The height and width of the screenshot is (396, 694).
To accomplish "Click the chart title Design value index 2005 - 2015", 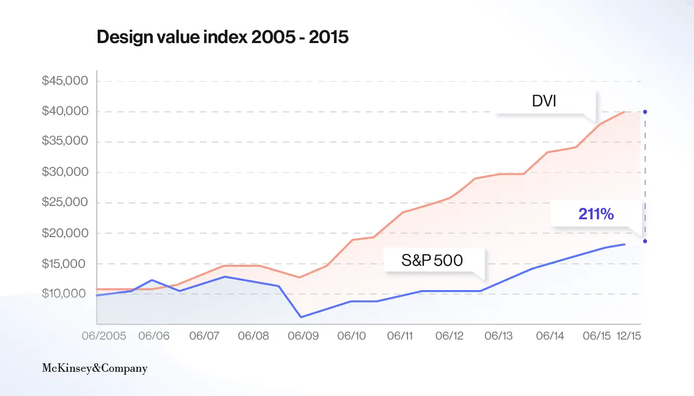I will pyautogui.click(x=223, y=38).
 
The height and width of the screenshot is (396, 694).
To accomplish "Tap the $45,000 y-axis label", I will pyautogui.click(x=64, y=81).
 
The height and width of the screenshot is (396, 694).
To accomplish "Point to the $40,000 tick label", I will pyautogui.click(x=64, y=111).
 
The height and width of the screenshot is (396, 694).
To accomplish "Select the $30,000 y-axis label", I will pyautogui.click(x=64, y=172).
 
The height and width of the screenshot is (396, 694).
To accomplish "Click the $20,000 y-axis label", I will pyautogui.click(x=64, y=233).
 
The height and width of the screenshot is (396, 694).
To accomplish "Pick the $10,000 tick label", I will pyautogui.click(x=64, y=294).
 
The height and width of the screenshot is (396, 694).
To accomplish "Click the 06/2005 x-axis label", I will pyautogui.click(x=104, y=336).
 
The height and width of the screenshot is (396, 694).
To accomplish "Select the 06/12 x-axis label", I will pyautogui.click(x=449, y=336).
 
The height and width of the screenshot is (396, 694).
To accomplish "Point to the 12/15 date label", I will pyautogui.click(x=629, y=336).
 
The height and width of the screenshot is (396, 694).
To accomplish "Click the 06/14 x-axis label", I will pyautogui.click(x=550, y=336).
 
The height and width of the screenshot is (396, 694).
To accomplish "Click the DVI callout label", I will pyautogui.click(x=544, y=102).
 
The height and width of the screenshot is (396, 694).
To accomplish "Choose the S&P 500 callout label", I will pyautogui.click(x=432, y=260).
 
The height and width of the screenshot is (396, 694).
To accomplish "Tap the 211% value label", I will pyautogui.click(x=596, y=214).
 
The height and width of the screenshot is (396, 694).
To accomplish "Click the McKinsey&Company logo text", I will pyautogui.click(x=94, y=368).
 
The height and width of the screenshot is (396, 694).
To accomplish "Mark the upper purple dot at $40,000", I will pyautogui.click(x=645, y=112).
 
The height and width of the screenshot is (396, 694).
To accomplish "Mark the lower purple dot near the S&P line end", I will pyautogui.click(x=645, y=241).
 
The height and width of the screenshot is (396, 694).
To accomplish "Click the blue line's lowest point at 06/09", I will pyautogui.click(x=301, y=317).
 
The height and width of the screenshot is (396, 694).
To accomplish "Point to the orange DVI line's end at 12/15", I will pyautogui.click(x=625, y=112).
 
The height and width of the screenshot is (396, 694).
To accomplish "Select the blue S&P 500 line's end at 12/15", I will pyautogui.click(x=625, y=245).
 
